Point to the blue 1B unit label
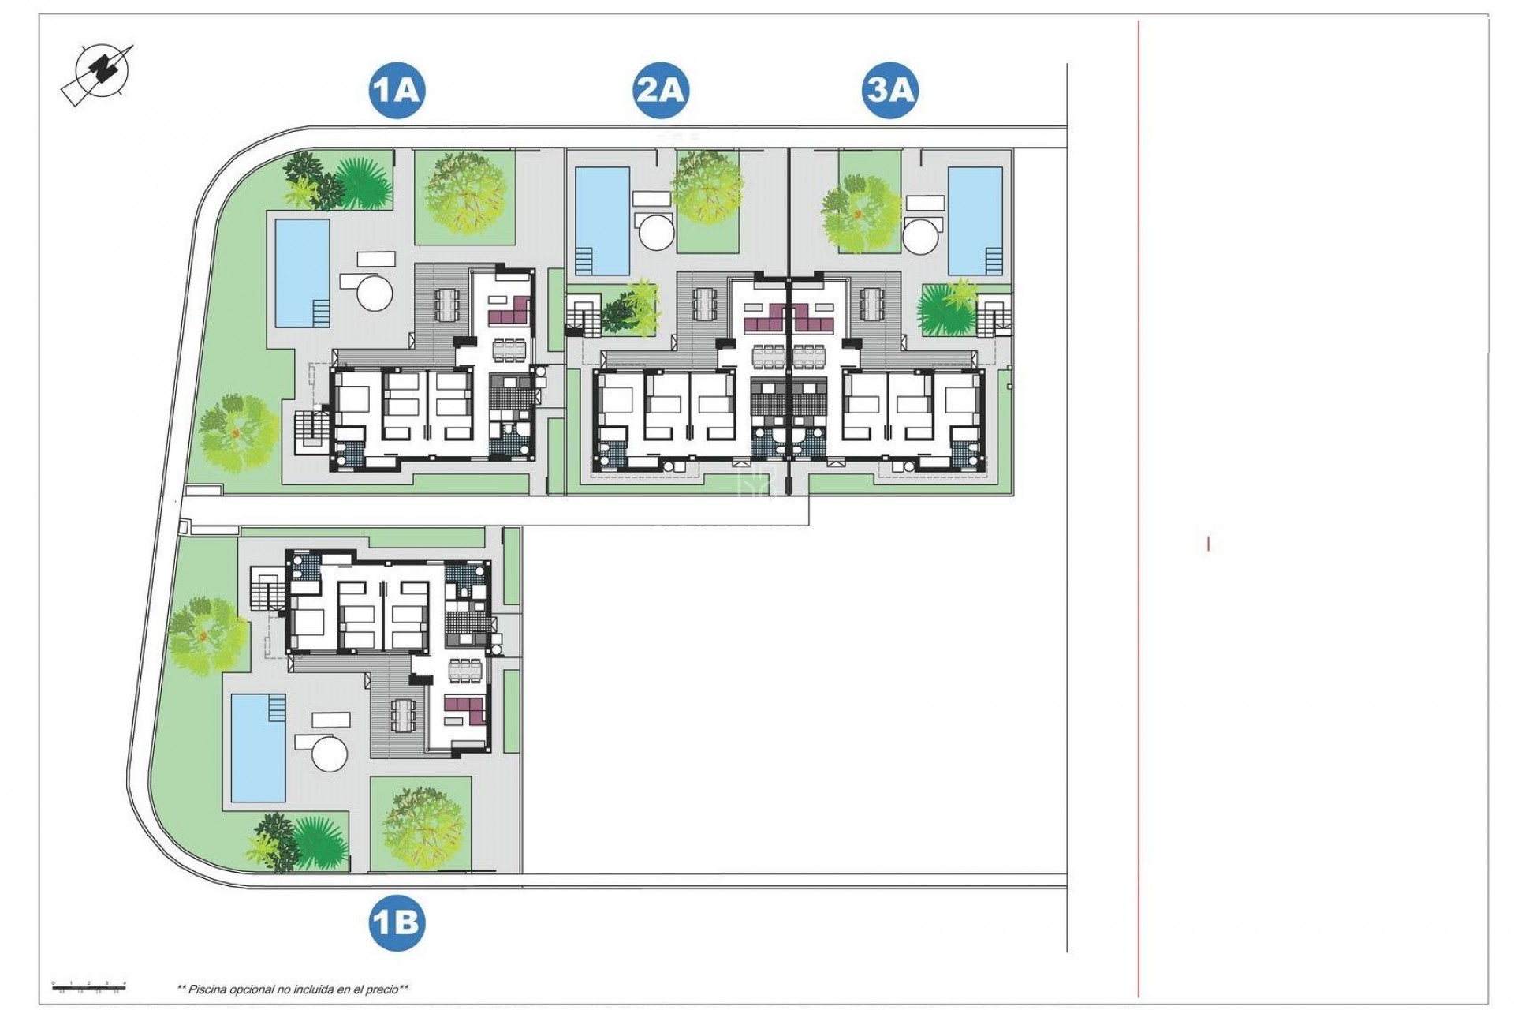(x=396, y=922)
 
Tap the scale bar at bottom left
(x=88, y=985)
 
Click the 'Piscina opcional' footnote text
(x=293, y=989)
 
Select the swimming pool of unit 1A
(x=301, y=272)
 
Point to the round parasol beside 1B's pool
(x=330, y=753)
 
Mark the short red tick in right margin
(x=1208, y=544)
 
